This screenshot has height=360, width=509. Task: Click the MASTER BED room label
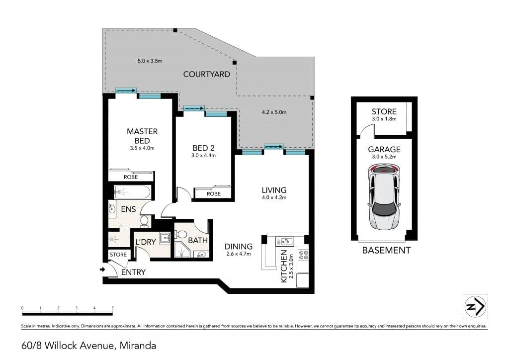tap(142, 136)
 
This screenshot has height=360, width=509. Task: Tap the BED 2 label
tap(203, 148)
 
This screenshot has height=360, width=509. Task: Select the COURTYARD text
tap(206, 75)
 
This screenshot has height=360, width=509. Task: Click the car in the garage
tap(384, 197)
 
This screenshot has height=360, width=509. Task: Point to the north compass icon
tap(475, 306)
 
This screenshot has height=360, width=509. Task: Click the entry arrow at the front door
tap(102, 270)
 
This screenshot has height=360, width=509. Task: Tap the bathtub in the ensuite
tap(132, 192)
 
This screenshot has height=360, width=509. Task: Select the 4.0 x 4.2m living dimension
tap(274, 197)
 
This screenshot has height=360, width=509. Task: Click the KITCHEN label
tap(284, 266)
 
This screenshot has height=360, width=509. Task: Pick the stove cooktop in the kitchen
tap(303, 254)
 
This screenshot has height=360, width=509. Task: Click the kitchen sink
tap(285, 241)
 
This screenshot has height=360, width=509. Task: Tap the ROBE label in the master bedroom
tap(131, 177)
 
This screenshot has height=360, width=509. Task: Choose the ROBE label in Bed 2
tap(214, 194)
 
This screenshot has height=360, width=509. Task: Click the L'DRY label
tap(146, 242)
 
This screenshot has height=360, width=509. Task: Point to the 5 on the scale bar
tap(113, 308)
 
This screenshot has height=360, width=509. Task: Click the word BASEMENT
tap(386, 250)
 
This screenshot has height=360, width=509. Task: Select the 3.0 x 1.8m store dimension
tap(384, 119)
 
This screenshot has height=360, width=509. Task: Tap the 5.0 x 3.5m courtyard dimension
tap(150, 61)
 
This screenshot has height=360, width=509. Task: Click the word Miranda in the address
tap(138, 346)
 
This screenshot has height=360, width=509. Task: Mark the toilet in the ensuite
tap(144, 221)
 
